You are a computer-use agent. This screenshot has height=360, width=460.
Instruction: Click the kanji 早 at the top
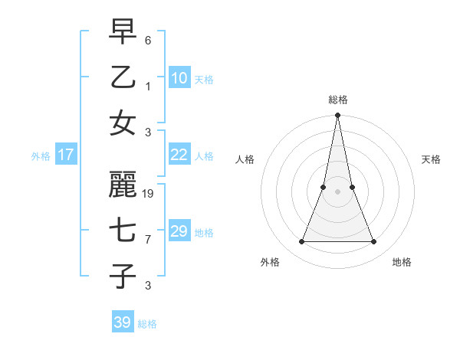click(x=123, y=32)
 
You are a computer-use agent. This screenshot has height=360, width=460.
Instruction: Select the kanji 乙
click(x=123, y=77)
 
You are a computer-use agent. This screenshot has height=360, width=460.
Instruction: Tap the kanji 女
click(x=123, y=123)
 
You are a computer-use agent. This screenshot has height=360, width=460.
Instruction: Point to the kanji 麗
click(x=123, y=185)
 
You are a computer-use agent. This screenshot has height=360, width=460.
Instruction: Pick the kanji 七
click(x=123, y=230)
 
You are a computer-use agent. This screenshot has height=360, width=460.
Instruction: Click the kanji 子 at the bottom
click(x=123, y=276)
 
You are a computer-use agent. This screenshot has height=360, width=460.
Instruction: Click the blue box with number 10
click(x=179, y=78)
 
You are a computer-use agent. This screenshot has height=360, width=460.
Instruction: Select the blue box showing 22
click(x=179, y=155)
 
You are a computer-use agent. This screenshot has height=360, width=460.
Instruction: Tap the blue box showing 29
click(x=179, y=231)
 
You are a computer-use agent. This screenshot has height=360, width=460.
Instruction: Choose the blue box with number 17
click(x=66, y=155)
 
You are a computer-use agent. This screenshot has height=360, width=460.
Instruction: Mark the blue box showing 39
click(x=123, y=322)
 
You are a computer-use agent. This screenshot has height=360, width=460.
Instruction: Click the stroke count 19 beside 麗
click(x=149, y=194)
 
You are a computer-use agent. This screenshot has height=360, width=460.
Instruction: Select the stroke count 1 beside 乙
click(x=148, y=86)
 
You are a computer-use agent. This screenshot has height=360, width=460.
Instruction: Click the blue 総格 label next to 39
click(x=147, y=324)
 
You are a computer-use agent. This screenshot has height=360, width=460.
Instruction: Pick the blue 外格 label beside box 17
click(x=41, y=156)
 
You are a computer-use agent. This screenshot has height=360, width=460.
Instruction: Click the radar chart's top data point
click(x=337, y=116)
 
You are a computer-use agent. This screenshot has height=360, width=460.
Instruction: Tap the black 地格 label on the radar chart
click(x=402, y=262)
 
